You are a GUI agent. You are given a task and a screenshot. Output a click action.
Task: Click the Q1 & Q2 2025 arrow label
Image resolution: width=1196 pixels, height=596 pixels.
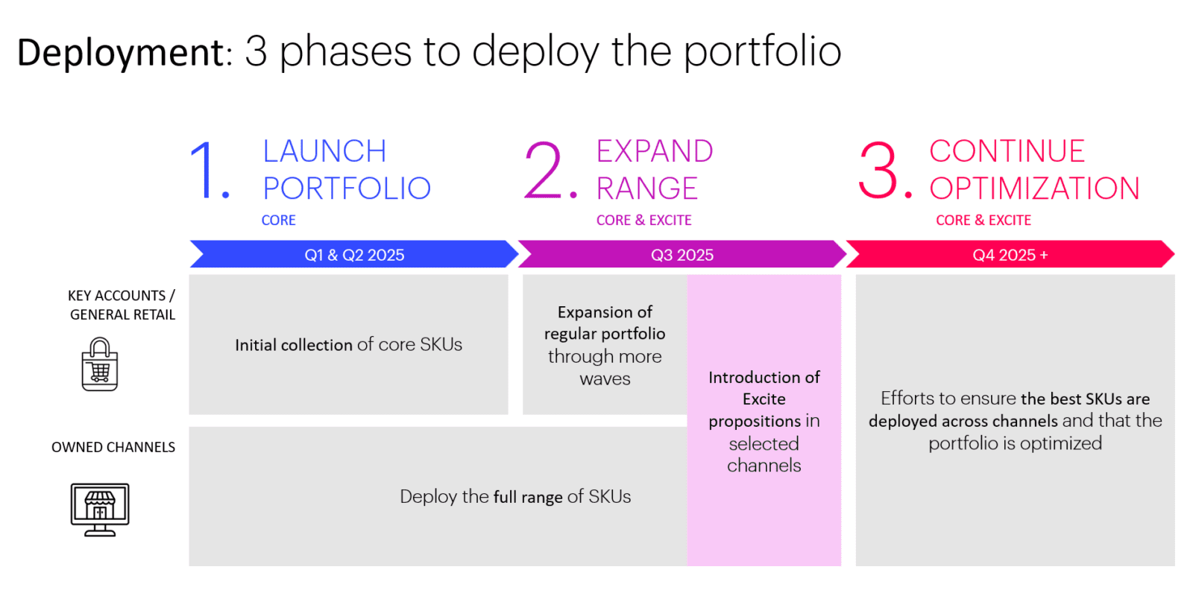pyautogui.click(x=354, y=255)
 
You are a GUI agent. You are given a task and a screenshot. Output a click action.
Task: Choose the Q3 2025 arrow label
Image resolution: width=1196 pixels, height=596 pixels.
pyautogui.click(x=682, y=255)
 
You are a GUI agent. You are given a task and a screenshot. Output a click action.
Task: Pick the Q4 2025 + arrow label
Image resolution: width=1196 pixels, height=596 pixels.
pyautogui.click(x=1010, y=255)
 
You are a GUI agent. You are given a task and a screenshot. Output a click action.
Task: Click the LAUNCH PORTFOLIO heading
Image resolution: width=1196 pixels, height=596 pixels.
pyautogui.click(x=347, y=170)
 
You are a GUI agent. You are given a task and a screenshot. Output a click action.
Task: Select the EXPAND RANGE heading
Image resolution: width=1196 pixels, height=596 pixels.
pyautogui.click(x=654, y=170)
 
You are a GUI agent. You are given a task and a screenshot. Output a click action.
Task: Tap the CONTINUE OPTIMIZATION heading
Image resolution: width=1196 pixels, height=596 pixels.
pyautogui.click(x=1034, y=170)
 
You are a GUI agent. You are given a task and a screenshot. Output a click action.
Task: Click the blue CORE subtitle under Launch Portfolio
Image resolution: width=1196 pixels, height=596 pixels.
pyautogui.click(x=279, y=221)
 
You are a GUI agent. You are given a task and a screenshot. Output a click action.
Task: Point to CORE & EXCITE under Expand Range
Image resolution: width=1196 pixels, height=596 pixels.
pyautogui.click(x=643, y=221)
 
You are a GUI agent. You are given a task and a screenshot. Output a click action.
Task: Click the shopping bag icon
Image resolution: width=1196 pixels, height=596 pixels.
pyautogui.click(x=100, y=364)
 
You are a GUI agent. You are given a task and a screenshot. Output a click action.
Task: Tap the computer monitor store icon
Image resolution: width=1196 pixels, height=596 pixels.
pyautogui.click(x=100, y=509)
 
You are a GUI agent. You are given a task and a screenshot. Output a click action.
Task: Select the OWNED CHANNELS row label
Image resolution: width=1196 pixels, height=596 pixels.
pyautogui.click(x=113, y=447)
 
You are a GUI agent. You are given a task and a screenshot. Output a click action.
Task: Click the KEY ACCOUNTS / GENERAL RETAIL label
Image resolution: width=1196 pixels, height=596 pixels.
pyautogui.click(x=122, y=305)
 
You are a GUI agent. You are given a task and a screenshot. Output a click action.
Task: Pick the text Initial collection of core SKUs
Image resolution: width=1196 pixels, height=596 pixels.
pyautogui.click(x=348, y=345)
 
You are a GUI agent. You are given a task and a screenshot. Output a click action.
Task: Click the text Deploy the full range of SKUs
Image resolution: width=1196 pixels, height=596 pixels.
pyautogui.click(x=515, y=497)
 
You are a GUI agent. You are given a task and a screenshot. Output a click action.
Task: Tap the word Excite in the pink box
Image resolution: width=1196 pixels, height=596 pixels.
pyautogui.click(x=764, y=399)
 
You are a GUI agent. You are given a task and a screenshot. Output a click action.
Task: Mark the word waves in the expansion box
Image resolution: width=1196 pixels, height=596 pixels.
pyautogui.click(x=605, y=379)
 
